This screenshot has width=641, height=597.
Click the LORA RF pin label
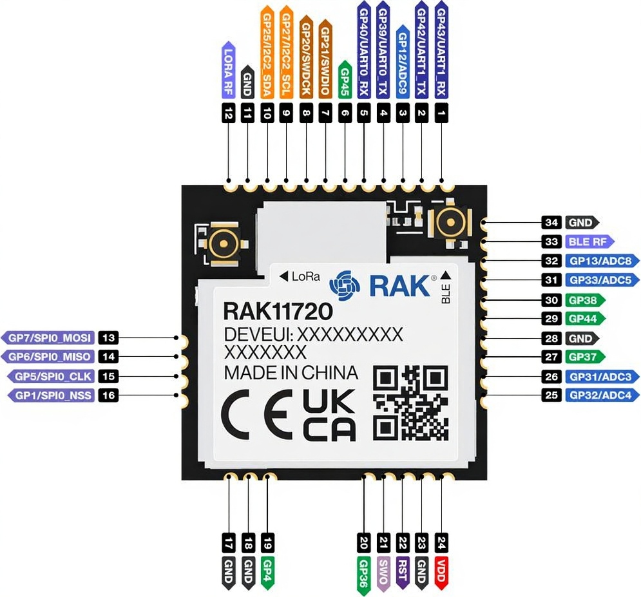tap(229, 70)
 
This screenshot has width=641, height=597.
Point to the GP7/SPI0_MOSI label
tap(50, 337)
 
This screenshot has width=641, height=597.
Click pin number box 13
tap(108, 337)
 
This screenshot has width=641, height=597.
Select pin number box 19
tap(267, 542)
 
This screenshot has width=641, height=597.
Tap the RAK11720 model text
tap(278, 312)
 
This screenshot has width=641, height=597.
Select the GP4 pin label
tap(267, 572)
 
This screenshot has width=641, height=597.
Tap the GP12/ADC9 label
tap(403, 64)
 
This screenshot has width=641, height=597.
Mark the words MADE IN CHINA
tap(291, 373)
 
